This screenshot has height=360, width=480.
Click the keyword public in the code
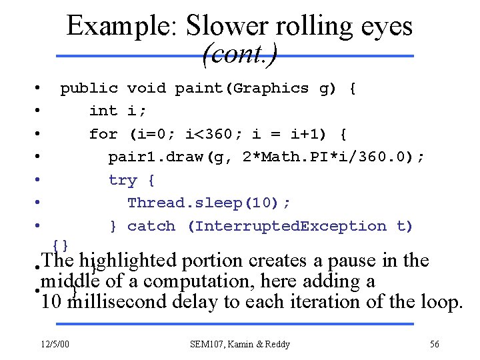tap(89, 88)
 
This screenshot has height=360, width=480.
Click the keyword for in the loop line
tap(103, 134)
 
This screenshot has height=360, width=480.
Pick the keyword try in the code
tap(123, 180)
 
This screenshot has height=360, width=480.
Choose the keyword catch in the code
tap(151, 226)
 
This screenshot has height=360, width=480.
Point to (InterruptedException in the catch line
tap(287, 226)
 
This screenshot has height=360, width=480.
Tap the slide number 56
tap(434, 344)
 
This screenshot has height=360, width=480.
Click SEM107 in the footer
tap(208, 344)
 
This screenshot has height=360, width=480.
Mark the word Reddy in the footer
tap(276, 344)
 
